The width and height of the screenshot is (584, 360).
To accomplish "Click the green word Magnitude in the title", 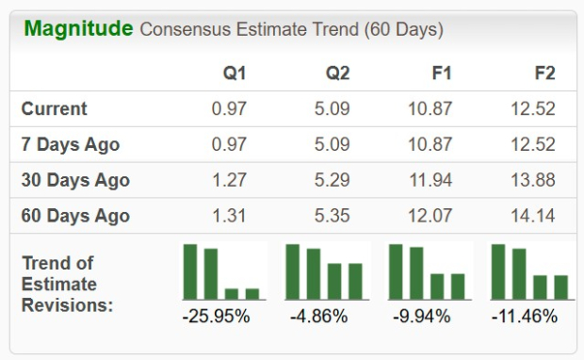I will click(78, 28).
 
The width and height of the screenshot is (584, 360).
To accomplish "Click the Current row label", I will click(54, 109).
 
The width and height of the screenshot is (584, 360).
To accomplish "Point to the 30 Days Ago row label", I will click(75, 180).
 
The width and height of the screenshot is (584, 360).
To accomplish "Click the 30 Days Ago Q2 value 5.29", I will click(332, 180).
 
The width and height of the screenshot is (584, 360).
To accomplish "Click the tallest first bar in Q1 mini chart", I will click(190, 271).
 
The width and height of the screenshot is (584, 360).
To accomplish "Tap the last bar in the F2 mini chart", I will click(560, 286).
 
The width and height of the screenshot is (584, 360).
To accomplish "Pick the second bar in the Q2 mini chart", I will click(314, 274).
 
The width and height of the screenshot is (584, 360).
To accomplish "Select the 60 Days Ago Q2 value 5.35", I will click(332, 216).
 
